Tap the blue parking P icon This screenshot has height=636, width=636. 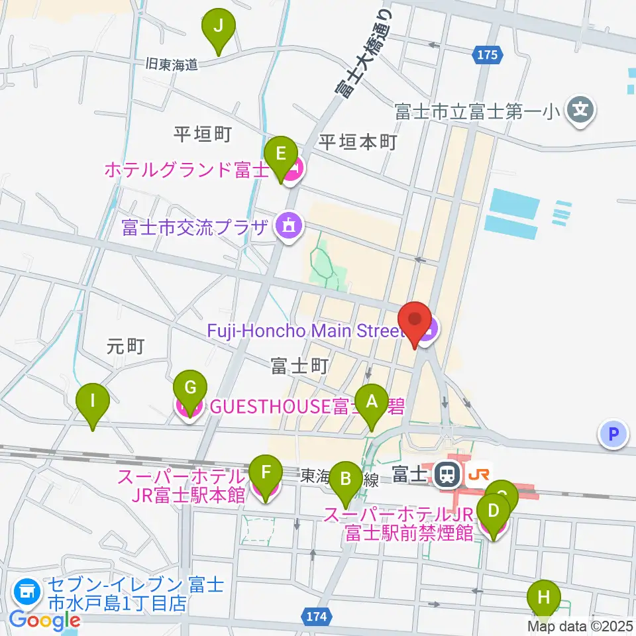tap(613, 435)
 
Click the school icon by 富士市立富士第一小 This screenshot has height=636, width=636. tap(582, 108)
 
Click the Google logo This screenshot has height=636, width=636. tap(44, 620)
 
